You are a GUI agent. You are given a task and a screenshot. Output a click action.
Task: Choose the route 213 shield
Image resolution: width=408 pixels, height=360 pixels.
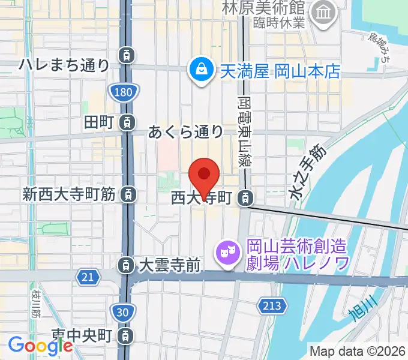271,306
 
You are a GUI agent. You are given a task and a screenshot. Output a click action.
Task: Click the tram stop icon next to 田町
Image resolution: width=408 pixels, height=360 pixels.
127,122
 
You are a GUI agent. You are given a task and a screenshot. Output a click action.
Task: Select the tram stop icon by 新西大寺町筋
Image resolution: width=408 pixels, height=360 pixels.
127,194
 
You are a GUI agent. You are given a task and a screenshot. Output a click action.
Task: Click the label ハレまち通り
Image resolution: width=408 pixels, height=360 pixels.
65,65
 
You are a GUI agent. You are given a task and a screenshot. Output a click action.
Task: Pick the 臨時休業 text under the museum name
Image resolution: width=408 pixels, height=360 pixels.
280,23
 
